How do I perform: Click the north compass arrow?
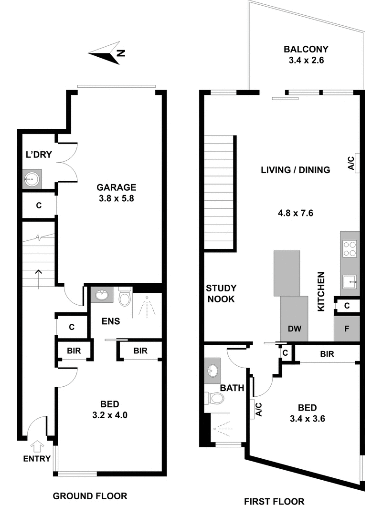(x=107, y=53)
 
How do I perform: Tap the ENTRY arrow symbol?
(x=37, y=446)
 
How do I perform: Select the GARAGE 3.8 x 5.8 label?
(x=117, y=193)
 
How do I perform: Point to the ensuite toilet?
(x=125, y=297)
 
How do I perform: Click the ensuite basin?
(x=102, y=295)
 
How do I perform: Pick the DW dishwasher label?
(x=294, y=329)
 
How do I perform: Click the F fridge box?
(x=347, y=329)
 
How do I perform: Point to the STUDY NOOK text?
(x=221, y=294)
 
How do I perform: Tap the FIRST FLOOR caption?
(x=274, y=501)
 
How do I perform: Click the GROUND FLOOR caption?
(x=90, y=496)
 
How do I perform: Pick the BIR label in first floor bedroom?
(x=327, y=354)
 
